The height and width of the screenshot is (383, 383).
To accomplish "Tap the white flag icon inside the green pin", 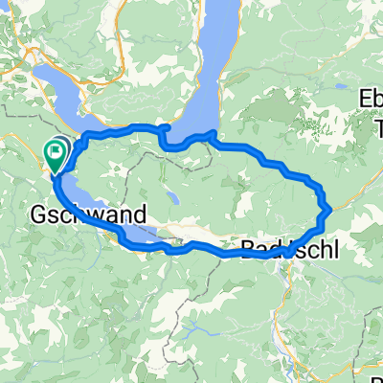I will coord(56,148).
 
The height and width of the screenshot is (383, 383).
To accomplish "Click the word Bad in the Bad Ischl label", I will coord(257,250).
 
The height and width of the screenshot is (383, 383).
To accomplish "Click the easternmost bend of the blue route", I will coord(328,207).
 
